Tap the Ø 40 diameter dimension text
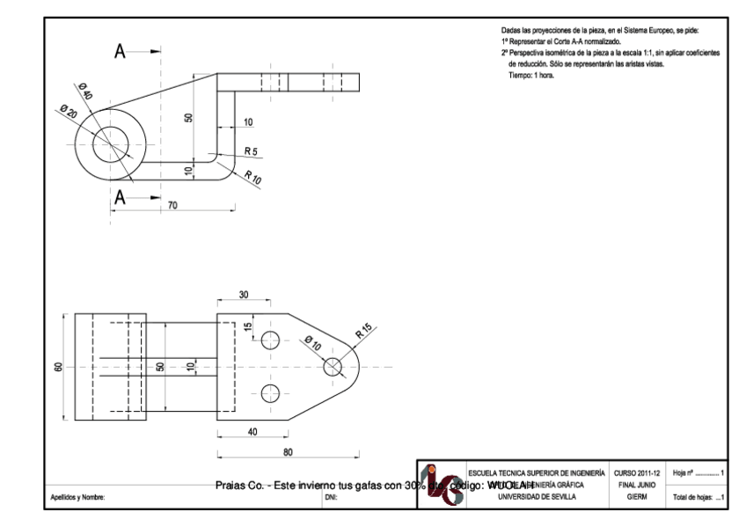[86, 91]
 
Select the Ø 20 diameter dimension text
[68, 112]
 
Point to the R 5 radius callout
[251, 152]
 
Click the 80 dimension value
[287, 452]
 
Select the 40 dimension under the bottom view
[253, 432]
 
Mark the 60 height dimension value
[59, 367]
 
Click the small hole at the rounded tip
[333, 367]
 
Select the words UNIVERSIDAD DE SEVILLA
[535, 497]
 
